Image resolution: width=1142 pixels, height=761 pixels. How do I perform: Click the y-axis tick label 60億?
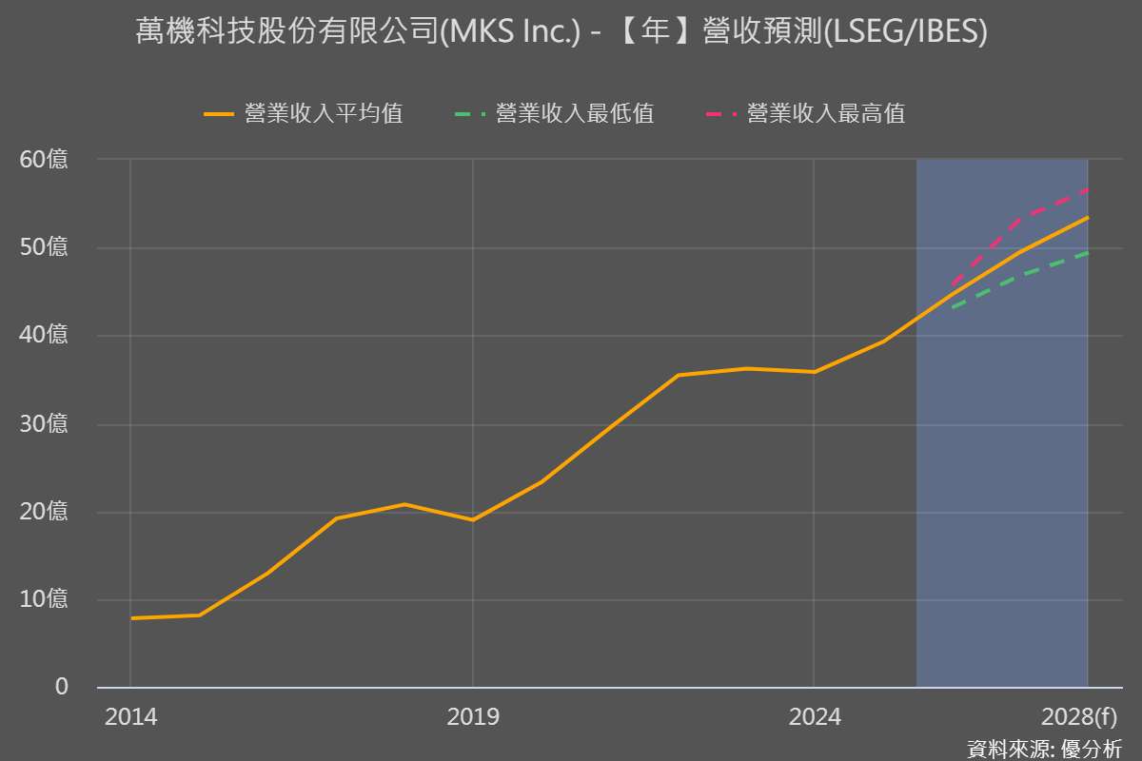point(45,160)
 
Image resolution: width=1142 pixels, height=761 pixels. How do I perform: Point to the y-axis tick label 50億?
point(45,248)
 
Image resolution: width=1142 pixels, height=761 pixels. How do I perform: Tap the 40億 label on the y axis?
point(45,336)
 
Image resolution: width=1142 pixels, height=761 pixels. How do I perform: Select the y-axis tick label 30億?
point(45,424)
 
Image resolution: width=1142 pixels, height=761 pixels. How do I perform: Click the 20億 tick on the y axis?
point(45,512)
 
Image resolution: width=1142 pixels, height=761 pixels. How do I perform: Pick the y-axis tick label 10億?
point(45,599)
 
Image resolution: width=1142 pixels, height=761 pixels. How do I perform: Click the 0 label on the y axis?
point(62,687)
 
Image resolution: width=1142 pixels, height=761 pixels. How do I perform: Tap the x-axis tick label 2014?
point(131,716)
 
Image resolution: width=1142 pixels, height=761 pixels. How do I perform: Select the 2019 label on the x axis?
point(473,716)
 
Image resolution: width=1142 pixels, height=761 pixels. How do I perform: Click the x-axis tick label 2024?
point(815,716)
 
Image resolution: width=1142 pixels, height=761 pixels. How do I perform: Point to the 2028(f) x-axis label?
point(1079,716)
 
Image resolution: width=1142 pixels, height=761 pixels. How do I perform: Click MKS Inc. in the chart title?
point(513,32)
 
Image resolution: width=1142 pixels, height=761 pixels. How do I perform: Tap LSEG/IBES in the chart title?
point(904,32)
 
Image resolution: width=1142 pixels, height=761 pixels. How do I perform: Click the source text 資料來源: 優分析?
point(1044,749)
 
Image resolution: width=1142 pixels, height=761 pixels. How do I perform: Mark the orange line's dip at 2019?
point(473,519)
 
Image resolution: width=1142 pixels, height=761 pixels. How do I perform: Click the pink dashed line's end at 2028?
point(1087,190)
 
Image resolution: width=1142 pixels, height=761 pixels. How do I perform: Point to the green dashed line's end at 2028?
point(1087,253)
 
